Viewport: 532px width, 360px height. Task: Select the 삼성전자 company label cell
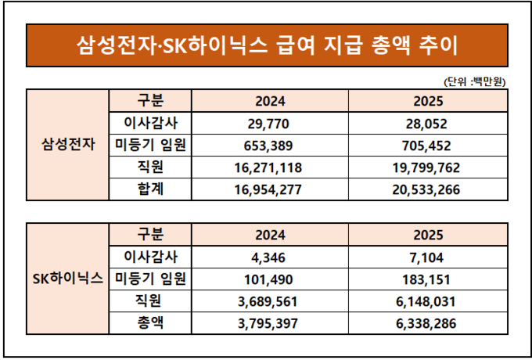pos(67,145)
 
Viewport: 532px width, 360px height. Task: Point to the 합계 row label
pos(149,189)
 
